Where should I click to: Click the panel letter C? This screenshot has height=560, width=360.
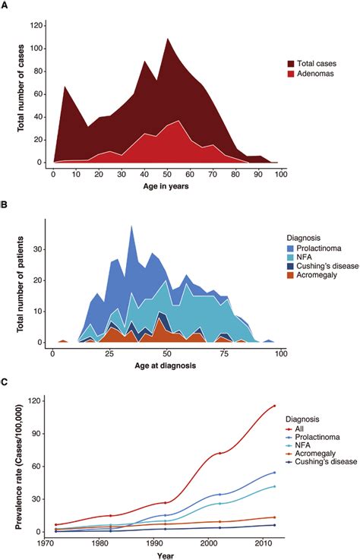tap(5, 384)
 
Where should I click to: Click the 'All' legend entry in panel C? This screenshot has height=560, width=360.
tap(291, 429)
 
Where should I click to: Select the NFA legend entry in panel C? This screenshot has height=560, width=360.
tap(291, 450)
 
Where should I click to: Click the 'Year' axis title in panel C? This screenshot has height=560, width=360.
tap(165, 555)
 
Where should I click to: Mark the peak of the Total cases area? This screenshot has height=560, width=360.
tap(167, 38)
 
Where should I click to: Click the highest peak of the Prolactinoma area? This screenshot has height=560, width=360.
tap(132, 226)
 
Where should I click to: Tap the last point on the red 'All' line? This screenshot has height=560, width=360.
tap(273, 406)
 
